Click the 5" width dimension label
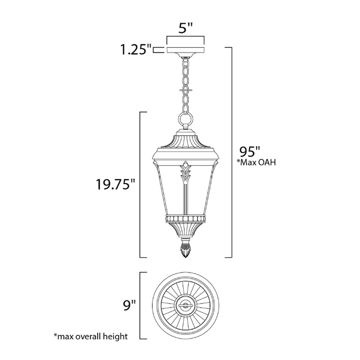pyautogui.click(x=186, y=28)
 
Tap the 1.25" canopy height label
pyautogui.click(x=135, y=50)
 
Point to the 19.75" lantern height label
pyautogui.click(x=115, y=184)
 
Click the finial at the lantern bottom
pyautogui.click(x=186, y=250)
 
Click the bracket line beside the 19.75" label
pyautogui.click(x=141, y=184)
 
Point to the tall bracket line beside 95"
pyautogui.click(x=231, y=153)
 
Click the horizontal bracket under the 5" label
pyautogui.click(x=186, y=38)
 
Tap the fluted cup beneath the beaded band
pyautogui.click(x=186, y=230)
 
